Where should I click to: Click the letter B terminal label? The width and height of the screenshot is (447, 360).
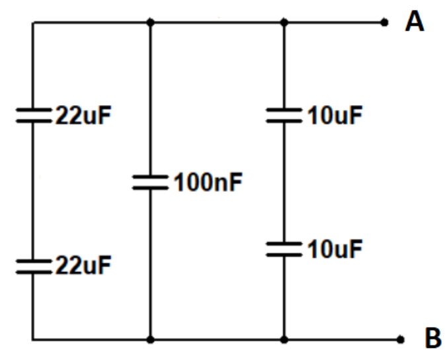click(432, 339)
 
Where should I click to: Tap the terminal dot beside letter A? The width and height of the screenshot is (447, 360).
click(384, 22)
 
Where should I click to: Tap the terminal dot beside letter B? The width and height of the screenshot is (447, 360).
click(401, 340)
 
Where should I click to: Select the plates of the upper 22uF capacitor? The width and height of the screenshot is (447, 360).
click(33, 115)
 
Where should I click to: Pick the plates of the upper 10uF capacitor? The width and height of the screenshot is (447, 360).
click(284, 115)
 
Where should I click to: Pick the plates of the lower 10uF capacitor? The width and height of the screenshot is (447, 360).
click(284, 249)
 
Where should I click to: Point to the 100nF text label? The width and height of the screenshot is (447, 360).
click(208, 182)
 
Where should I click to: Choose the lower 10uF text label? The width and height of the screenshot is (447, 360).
click(334, 250)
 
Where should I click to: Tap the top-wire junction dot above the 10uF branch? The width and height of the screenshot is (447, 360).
click(284, 22)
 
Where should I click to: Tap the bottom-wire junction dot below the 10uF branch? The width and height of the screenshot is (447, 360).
click(284, 340)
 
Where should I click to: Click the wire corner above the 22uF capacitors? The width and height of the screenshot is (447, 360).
click(33, 22)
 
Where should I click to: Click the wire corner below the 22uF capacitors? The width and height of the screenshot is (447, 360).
click(33, 340)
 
